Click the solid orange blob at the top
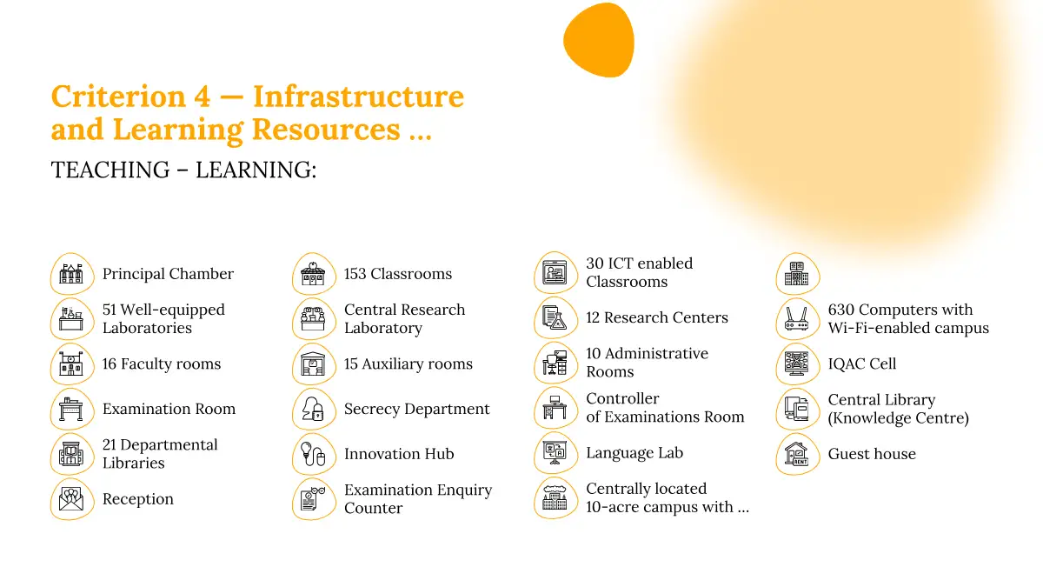[599, 40]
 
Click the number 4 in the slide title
[202, 97]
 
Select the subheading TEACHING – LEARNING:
[183, 170]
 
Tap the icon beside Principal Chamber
[71, 274]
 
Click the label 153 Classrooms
[398, 274]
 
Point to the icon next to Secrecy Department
[314, 409]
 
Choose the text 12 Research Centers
[656, 317]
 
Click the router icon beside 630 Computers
[797, 319]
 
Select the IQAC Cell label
[861, 364]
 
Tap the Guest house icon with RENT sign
[797, 454]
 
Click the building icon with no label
[797, 274]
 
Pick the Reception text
[138, 499]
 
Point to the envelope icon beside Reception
[71, 499]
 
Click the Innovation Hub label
[399, 454]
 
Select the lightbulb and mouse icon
[314, 454]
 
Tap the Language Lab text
[634, 453]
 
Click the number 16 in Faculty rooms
[109, 364]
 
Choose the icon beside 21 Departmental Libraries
[71, 454]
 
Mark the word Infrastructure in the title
[358, 97]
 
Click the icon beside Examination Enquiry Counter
[314, 499]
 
